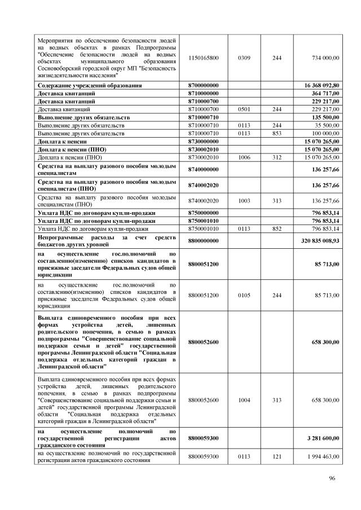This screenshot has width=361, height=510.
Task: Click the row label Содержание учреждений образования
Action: [x=90, y=85]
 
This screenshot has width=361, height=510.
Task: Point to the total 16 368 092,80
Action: [x=319, y=85]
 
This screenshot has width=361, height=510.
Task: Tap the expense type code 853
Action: [x=277, y=133]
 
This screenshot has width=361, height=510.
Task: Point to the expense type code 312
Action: [x=277, y=157]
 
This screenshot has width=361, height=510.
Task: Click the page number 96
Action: [x=332, y=480]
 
